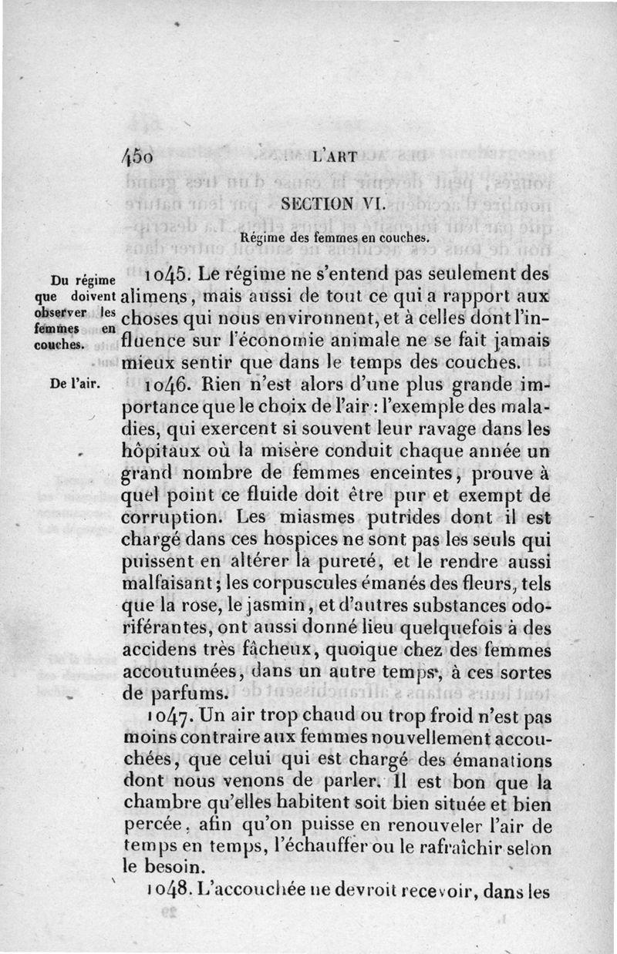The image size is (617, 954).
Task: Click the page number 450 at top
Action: [x=139, y=155]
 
